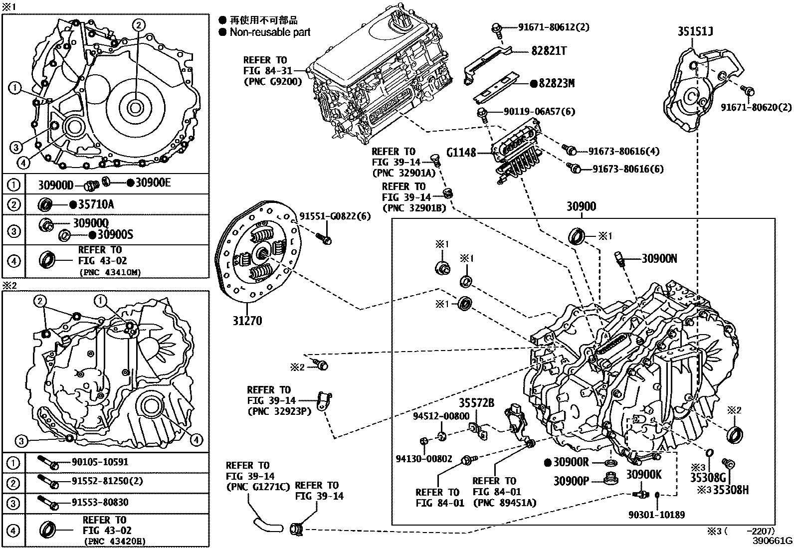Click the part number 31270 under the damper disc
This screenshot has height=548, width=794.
click(x=246, y=320)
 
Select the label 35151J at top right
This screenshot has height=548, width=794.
click(x=695, y=31)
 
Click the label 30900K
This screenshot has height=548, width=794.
click(x=643, y=474)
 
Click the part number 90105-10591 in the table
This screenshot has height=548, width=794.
click(x=100, y=462)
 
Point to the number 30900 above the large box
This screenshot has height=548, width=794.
click(x=581, y=206)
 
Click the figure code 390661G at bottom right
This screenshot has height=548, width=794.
click(x=773, y=541)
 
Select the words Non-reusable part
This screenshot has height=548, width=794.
click(x=270, y=32)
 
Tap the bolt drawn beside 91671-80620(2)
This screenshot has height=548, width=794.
click(x=748, y=91)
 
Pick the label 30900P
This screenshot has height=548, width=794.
click(x=571, y=481)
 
